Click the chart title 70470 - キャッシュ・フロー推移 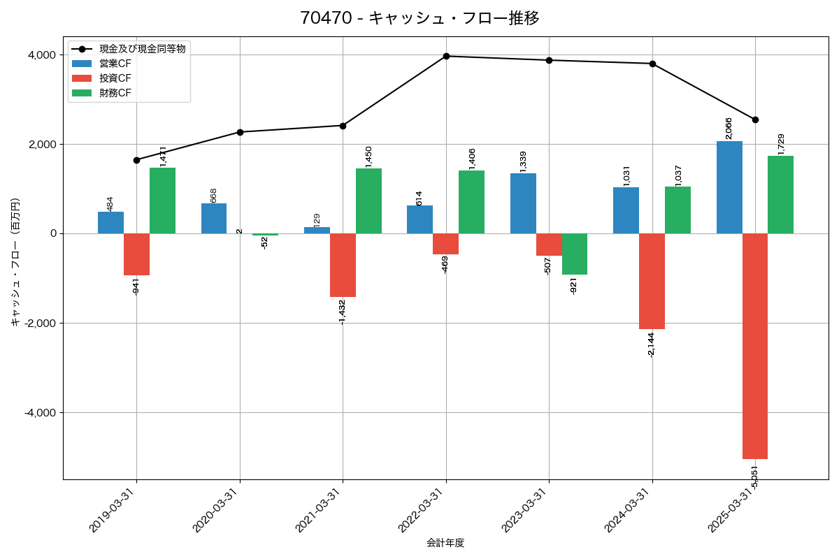click(419, 17)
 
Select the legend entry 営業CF click(115, 64)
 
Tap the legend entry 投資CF click(115, 78)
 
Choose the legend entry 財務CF click(115, 93)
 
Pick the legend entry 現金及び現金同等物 click(142, 49)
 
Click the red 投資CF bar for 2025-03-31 click(755, 346)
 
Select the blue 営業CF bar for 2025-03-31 click(729, 187)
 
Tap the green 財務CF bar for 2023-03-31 click(575, 254)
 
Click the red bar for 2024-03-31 click(652, 281)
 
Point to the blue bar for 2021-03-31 click(317, 231)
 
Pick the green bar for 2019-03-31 click(162, 201)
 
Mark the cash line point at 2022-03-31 click(446, 56)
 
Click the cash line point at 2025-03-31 click(755, 119)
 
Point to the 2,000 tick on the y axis click(43, 145)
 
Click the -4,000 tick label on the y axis click(41, 413)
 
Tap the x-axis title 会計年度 click(445, 543)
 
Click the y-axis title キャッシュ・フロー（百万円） click(15, 262)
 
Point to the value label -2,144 click(652, 344)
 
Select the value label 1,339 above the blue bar click(523, 161)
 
